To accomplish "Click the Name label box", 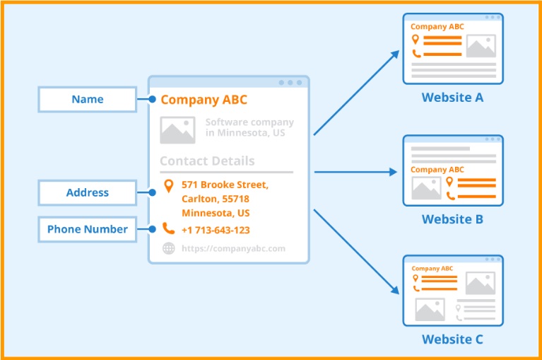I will [x=88, y=100].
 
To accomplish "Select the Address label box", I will [x=88, y=192].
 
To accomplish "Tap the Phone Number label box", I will [x=88, y=229].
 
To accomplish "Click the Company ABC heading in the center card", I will [x=204, y=100].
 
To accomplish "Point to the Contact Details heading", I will [x=207, y=161].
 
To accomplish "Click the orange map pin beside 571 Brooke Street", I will [x=168, y=186].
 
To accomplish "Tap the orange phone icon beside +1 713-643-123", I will [x=168, y=228].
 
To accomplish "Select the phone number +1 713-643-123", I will [x=216, y=230].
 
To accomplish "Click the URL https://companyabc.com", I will [x=233, y=248].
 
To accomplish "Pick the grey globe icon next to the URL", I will [x=168, y=248].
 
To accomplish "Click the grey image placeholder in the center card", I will [x=177, y=130].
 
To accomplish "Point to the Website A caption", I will [x=452, y=98].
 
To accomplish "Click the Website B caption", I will [x=452, y=219].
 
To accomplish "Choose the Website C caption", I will [x=452, y=339].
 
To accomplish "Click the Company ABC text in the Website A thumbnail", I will [x=437, y=27].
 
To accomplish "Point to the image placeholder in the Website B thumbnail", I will [x=426, y=187].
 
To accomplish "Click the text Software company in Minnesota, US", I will [x=249, y=127].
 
